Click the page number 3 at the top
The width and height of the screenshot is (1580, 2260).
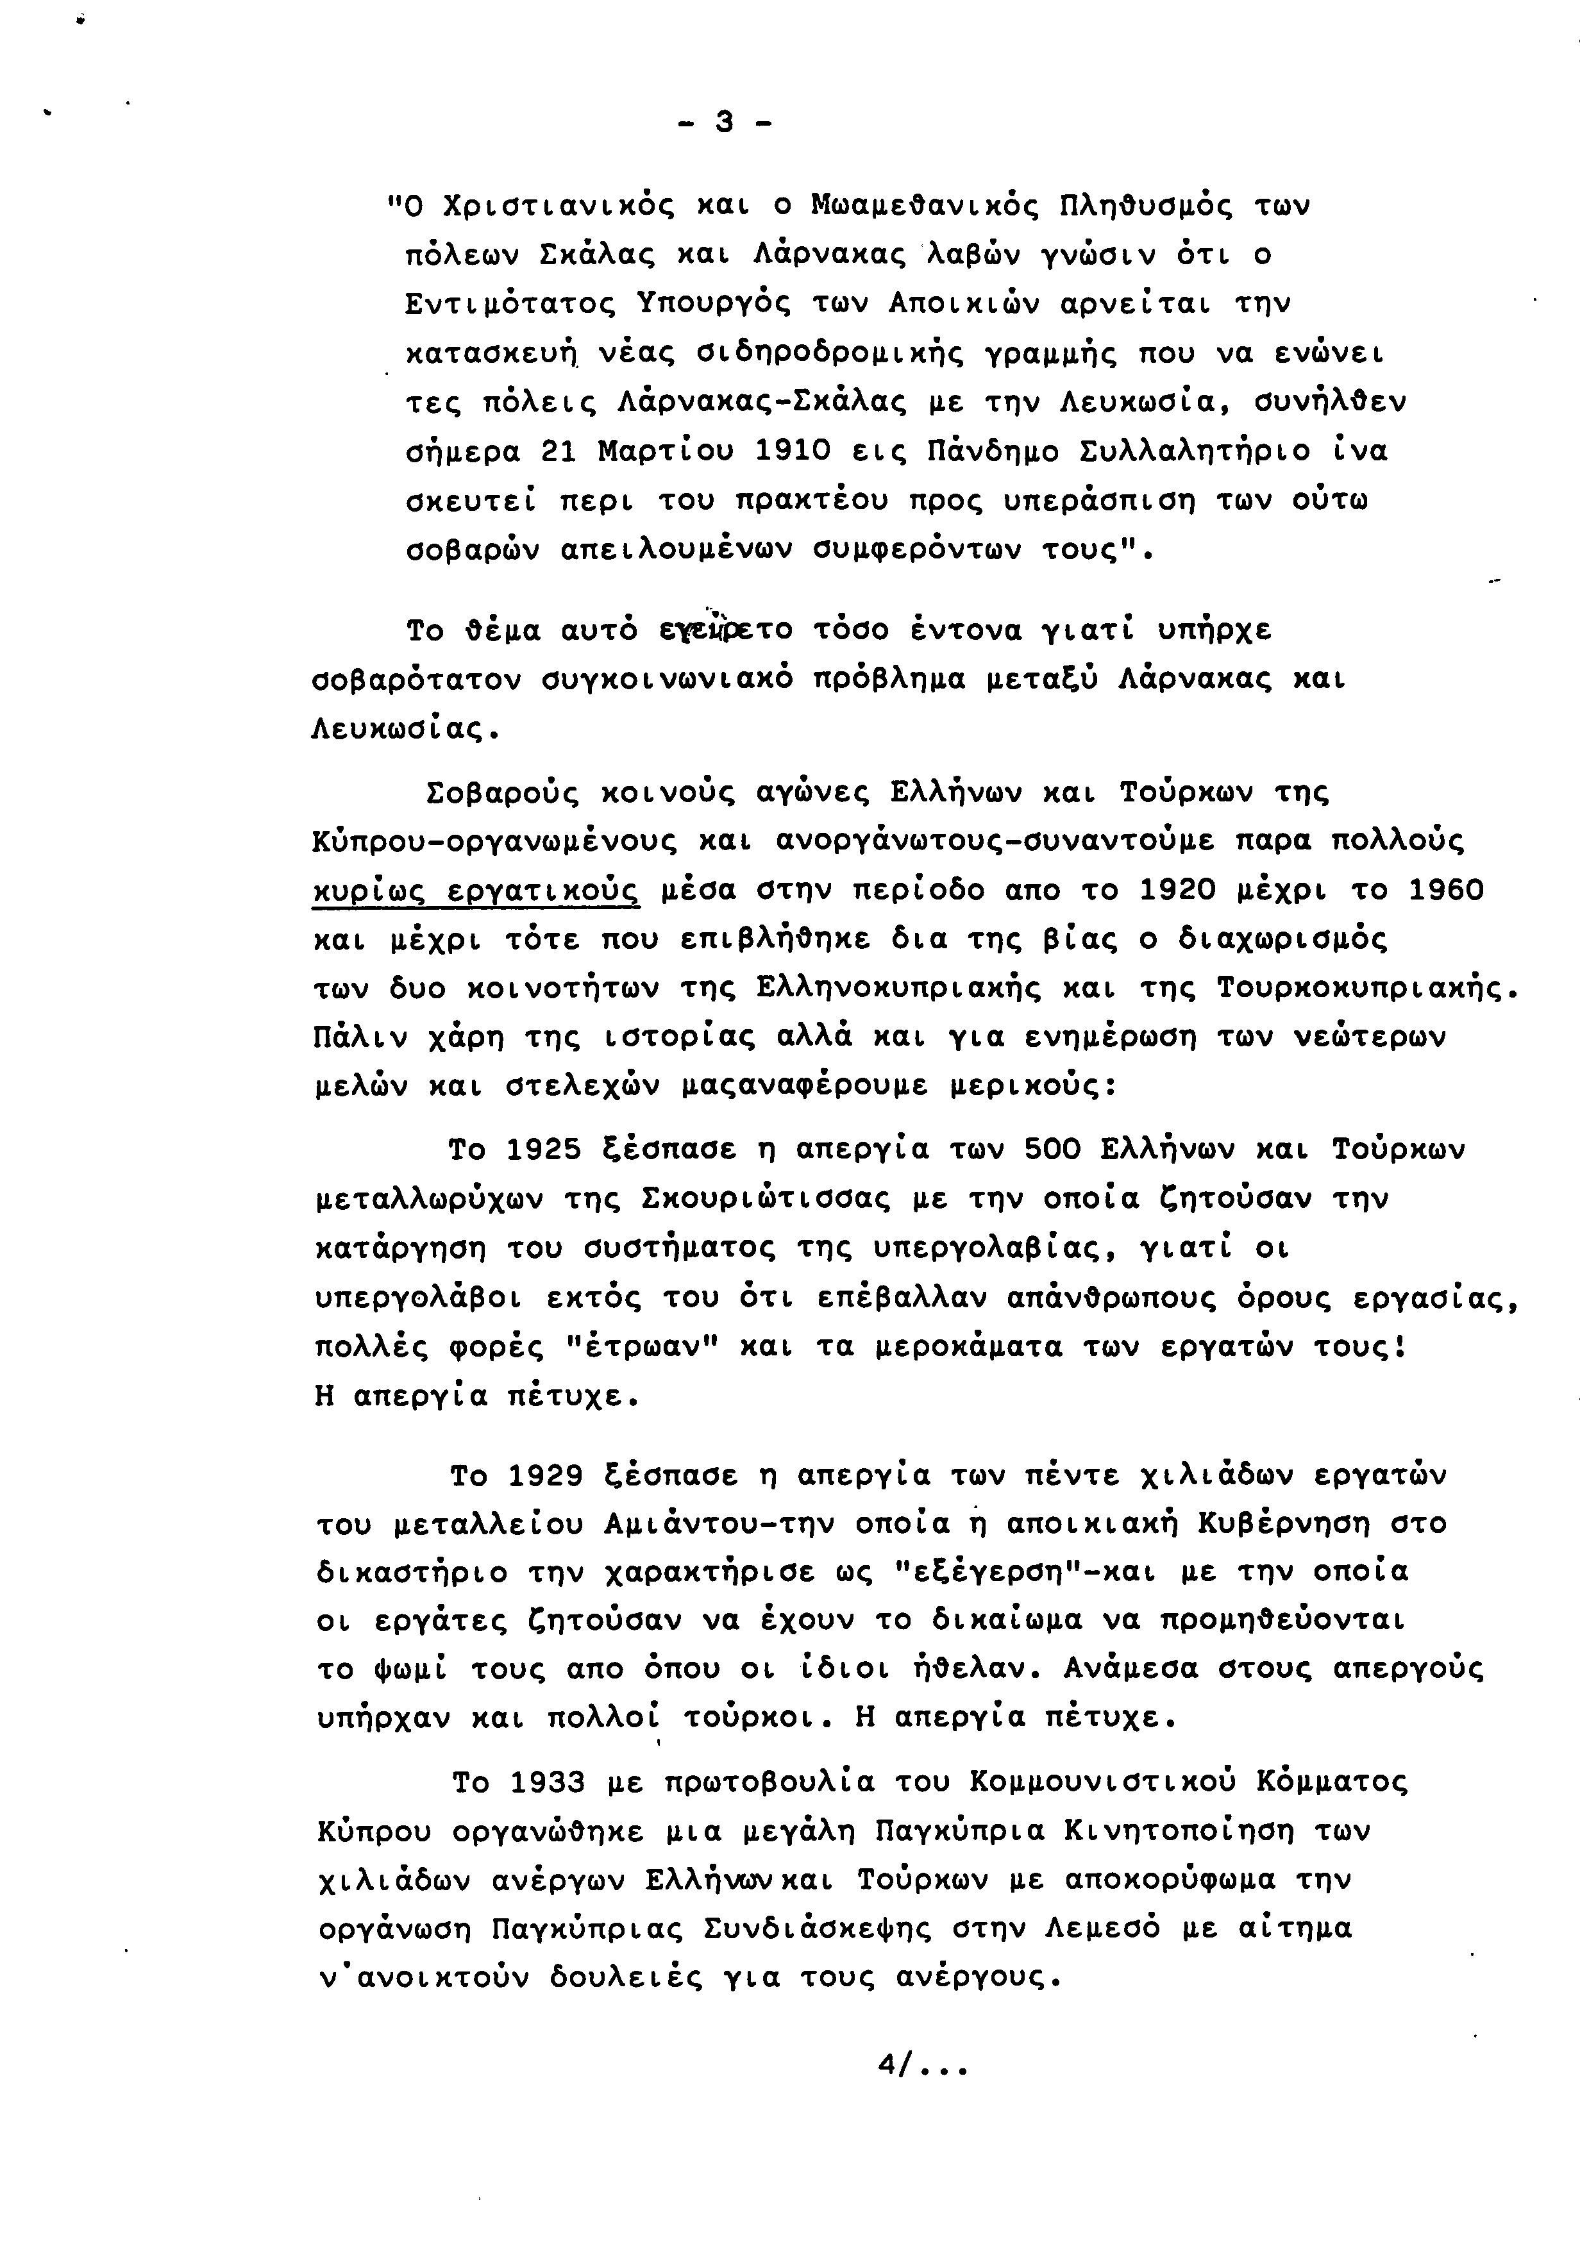(x=725, y=123)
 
